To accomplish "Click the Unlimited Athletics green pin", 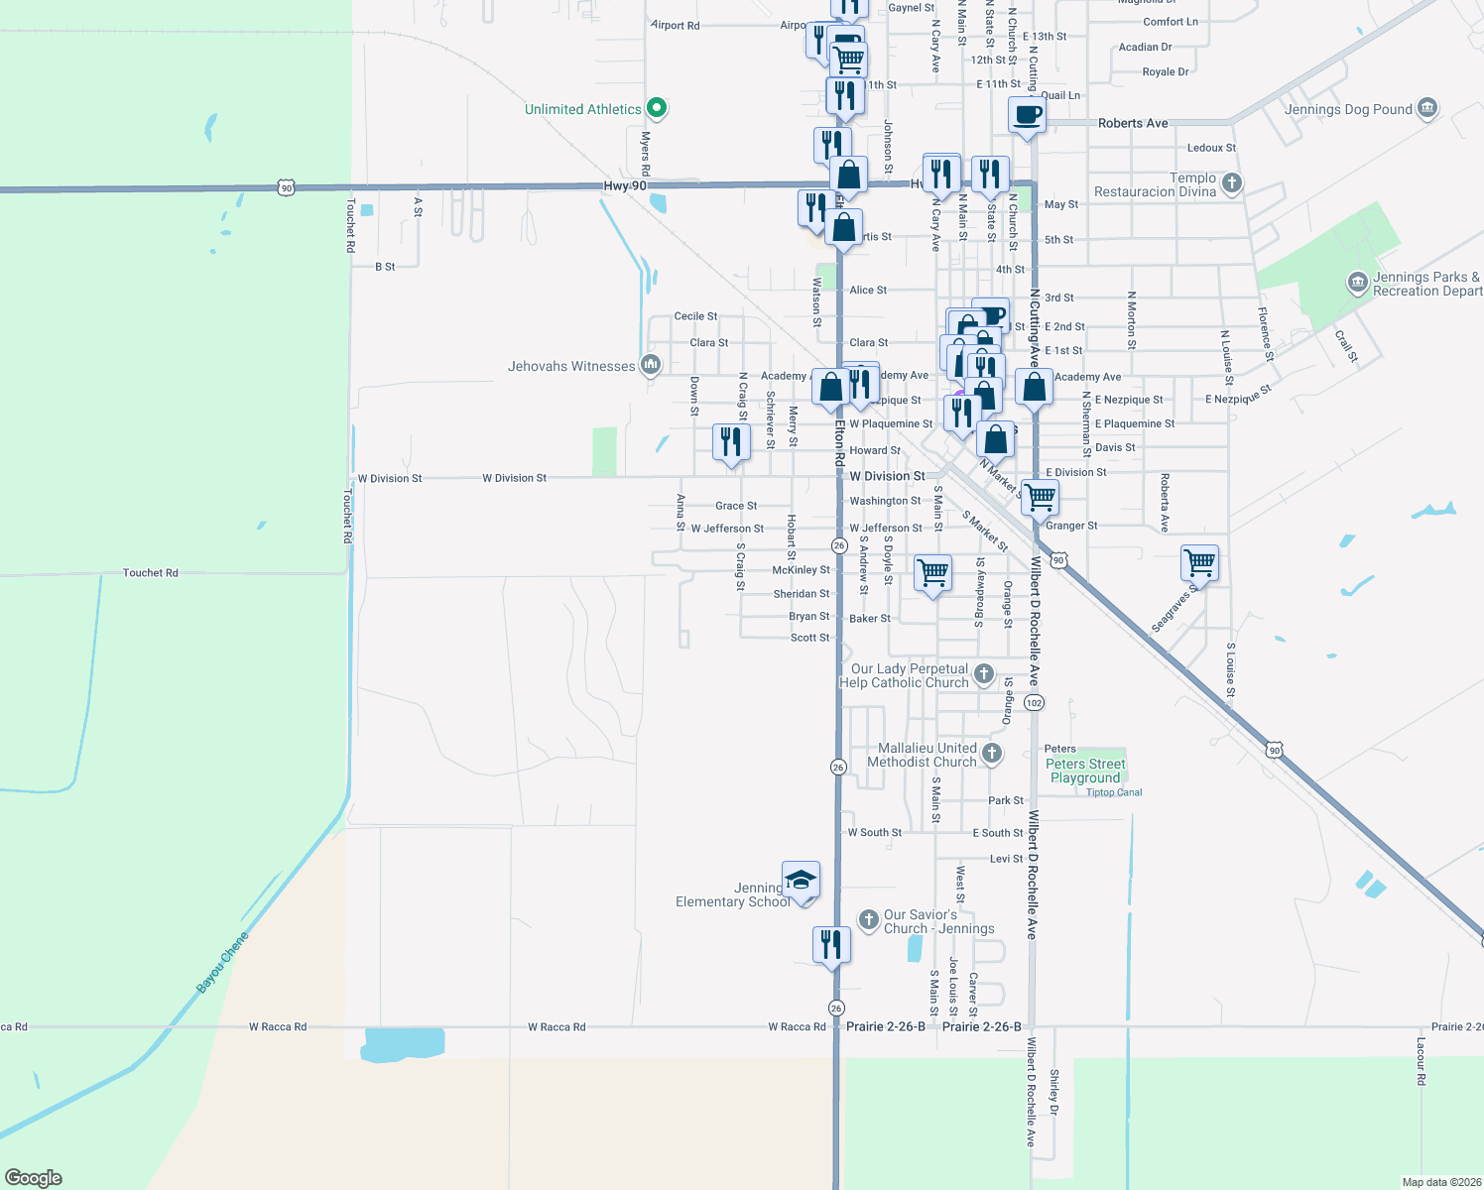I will pos(656,108).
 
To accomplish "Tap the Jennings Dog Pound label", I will pos(1347,109).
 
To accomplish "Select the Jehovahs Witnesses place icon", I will pos(651,366).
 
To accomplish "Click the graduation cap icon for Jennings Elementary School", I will pos(801,880).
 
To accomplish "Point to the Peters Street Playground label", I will pos(1085,771).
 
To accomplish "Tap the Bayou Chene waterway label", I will pos(222,962).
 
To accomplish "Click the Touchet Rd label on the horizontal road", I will pos(151,573).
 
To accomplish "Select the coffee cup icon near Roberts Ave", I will pos(1027,114).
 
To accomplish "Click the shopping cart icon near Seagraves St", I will pos(1199,563).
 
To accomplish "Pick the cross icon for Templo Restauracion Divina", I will pos(1231,183).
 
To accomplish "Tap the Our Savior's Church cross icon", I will pos(868,920).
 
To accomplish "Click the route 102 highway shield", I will pos(1034,703).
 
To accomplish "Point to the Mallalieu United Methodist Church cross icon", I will pos(991,755).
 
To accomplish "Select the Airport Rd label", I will pos(676,26).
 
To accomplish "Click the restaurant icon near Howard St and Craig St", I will pos(731,441).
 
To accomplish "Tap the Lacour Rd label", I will pos(1421,1061).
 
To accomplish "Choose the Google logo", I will pos(34,1177).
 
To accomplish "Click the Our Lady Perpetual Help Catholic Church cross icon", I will pos(983,675).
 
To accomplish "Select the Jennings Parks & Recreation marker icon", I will pos(1357,284).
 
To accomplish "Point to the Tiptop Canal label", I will pos(1114,792).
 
